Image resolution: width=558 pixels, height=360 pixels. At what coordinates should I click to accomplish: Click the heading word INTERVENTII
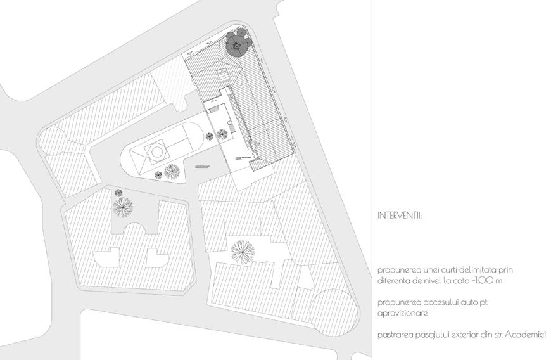click(399, 215)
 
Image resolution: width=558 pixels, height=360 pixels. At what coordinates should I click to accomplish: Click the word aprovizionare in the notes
click(402, 312)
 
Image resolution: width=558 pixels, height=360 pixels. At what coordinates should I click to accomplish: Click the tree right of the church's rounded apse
click(222, 134)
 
